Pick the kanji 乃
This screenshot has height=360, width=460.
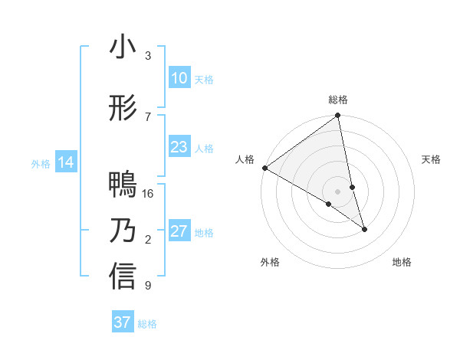[x=123, y=231]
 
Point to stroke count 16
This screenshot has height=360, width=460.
[x=149, y=193]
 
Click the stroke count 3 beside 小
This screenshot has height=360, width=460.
[x=148, y=56]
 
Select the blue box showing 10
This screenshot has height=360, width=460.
[x=179, y=78]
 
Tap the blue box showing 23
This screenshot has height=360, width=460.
[x=179, y=147]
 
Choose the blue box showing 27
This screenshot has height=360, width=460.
[x=179, y=231]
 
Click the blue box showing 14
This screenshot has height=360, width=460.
[x=65, y=162]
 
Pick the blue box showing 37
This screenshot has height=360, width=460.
[x=122, y=322]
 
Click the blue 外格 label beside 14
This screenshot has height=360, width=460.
[x=41, y=163]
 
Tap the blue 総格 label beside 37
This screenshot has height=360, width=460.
[x=147, y=323]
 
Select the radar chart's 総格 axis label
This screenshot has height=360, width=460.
[x=338, y=100]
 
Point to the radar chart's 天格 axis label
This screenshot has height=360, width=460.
[x=432, y=159]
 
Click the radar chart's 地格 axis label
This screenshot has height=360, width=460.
[x=402, y=262]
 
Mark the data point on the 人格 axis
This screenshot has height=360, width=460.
[x=264, y=168]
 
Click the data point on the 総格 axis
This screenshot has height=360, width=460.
[x=338, y=116]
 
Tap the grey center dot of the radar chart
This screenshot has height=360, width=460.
[x=338, y=191]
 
